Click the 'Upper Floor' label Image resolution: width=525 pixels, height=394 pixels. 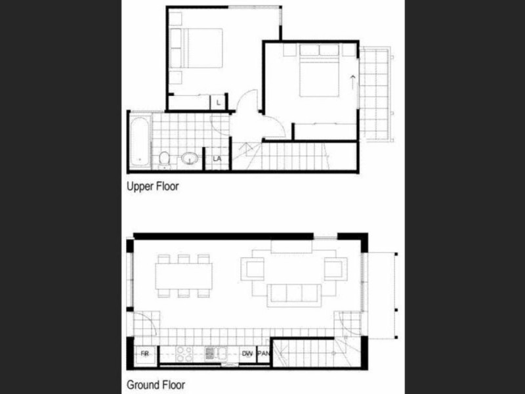click(152, 186)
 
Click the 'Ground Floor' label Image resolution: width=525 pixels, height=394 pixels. click(156, 385)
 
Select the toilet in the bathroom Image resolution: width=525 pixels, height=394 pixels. click(165, 158)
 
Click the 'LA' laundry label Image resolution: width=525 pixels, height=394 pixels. click(215, 160)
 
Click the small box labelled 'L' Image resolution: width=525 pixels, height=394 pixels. click(217, 102)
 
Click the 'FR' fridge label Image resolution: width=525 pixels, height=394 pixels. click(146, 354)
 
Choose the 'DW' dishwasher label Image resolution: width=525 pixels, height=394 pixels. click(247, 354)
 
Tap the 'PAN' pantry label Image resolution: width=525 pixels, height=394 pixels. click(263, 354)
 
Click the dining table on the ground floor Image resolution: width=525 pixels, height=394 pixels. click(184, 275)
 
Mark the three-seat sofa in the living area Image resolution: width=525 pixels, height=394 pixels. click(293, 295)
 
